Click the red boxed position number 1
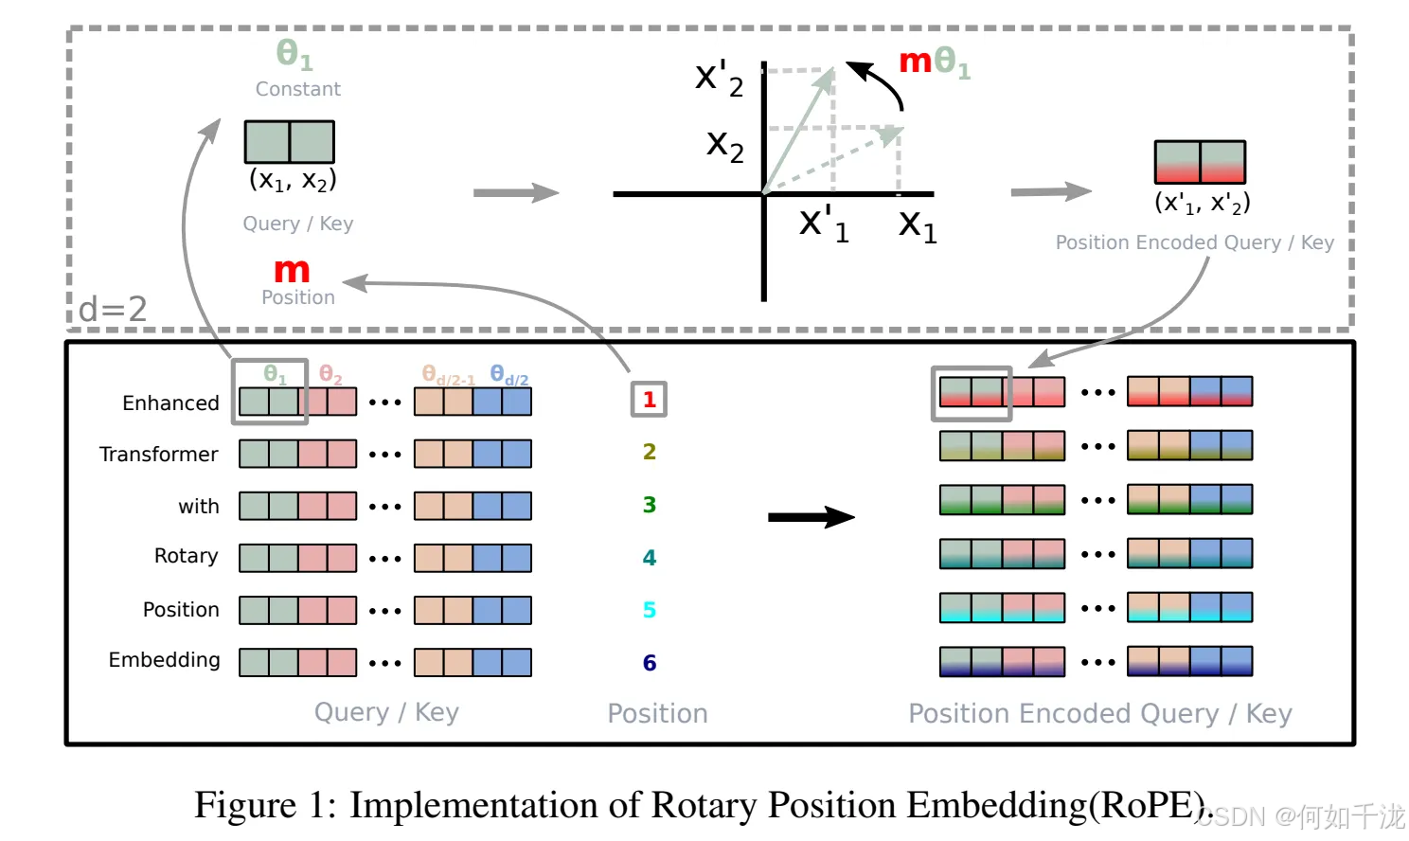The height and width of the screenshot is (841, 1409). (x=650, y=399)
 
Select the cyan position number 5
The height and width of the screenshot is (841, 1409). (x=650, y=610)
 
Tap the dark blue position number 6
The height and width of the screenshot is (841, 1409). (x=650, y=663)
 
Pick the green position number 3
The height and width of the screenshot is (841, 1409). (x=650, y=505)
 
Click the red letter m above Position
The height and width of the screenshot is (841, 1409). (x=292, y=271)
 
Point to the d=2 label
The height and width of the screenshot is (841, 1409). (x=113, y=309)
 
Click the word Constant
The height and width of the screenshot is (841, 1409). (x=297, y=89)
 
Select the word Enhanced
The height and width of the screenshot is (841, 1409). (x=170, y=403)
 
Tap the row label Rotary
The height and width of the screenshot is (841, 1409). (x=186, y=556)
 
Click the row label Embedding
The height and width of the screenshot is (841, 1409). (x=164, y=660)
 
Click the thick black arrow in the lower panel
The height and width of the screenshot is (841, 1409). (x=811, y=517)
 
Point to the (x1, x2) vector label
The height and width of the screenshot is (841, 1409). (x=293, y=180)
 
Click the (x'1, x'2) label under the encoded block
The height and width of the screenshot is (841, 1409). (x=1202, y=203)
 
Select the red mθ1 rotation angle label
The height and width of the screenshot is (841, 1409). (x=934, y=63)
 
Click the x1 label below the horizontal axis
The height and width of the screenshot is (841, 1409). (x=918, y=225)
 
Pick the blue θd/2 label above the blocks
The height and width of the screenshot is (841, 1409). (x=508, y=375)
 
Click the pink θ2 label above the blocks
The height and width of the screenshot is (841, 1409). (x=330, y=375)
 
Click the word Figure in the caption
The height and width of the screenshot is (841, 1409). (x=245, y=805)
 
